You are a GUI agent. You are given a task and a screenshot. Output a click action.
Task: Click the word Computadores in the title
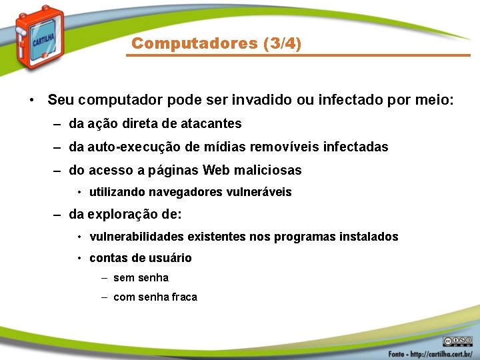(x=195, y=44)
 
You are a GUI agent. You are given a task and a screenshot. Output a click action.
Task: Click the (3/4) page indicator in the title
(x=282, y=44)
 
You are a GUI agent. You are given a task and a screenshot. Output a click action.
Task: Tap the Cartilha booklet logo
(x=40, y=37)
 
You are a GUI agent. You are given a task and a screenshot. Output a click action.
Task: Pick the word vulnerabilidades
(x=137, y=237)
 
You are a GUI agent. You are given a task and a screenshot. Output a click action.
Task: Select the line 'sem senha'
(x=141, y=278)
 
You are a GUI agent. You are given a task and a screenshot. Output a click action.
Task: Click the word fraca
(x=185, y=297)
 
